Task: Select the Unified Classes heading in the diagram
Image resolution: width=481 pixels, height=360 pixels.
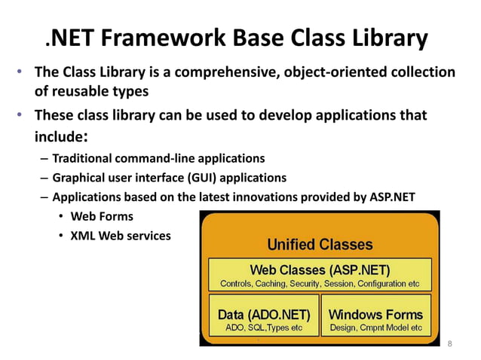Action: pyautogui.click(x=320, y=244)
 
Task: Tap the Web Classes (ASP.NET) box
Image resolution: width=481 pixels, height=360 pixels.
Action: pyautogui.click(x=320, y=275)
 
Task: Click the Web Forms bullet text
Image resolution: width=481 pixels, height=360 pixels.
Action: pyautogui.click(x=102, y=217)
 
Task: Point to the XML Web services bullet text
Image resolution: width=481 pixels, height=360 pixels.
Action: pyautogui.click(x=121, y=236)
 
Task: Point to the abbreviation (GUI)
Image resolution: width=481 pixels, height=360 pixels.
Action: pyautogui.click(x=219, y=178)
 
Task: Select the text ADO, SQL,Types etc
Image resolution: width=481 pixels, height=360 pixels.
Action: pyautogui.click(x=263, y=329)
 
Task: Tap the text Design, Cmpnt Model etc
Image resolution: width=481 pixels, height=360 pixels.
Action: pyautogui.click(x=375, y=329)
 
